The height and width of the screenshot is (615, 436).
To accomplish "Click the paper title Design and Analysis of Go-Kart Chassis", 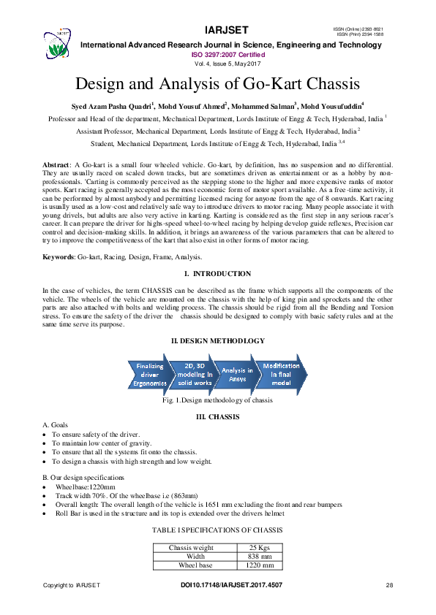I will pos(217,83).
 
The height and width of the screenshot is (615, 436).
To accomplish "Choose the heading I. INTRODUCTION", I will pos(217,274).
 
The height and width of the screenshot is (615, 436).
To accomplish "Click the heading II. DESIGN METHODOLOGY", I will pos(217,341).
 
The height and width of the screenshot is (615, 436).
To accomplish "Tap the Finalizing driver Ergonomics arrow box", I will pos(150,374).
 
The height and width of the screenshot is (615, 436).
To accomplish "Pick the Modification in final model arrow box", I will pos(282,374).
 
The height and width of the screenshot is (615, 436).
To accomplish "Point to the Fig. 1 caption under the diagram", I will pos(217,401).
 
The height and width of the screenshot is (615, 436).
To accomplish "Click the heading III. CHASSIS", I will pos(217,416).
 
